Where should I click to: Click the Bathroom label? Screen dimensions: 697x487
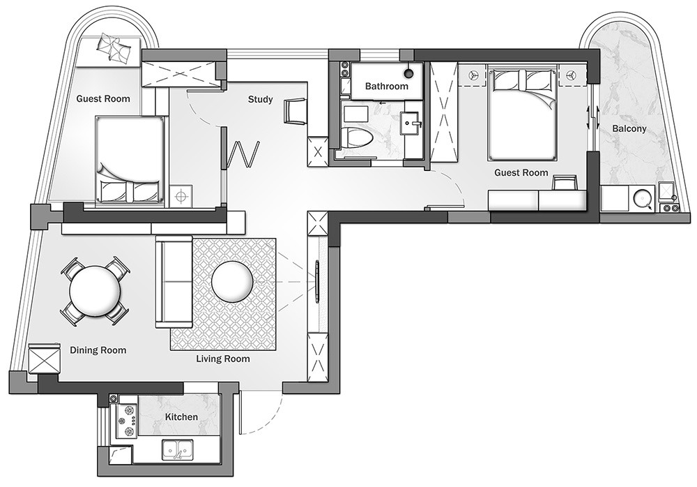click(x=386, y=86)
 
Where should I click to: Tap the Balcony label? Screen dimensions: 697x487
click(x=629, y=128)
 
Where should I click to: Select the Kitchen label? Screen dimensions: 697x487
click(x=181, y=417)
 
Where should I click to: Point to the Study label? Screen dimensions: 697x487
click(x=261, y=99)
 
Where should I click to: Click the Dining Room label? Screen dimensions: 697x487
click(x=98, y=350)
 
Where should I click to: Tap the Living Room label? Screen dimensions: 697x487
click(x=223, y=359)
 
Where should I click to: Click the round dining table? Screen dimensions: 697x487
click(x=95, y=291)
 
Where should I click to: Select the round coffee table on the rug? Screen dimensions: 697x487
click(x=233, y=282)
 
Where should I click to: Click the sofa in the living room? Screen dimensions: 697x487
click(x=174, y=282)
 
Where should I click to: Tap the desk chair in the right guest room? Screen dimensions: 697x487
click(x=565, y=183)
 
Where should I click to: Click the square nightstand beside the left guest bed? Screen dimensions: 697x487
click(x=181, y=196)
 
